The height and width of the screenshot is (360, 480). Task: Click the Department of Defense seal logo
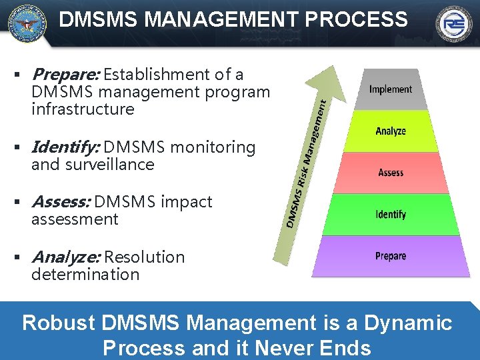27,23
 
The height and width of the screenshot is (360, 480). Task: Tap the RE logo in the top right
454,23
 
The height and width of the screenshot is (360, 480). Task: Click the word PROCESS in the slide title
357,19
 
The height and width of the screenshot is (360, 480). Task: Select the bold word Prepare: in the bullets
65,74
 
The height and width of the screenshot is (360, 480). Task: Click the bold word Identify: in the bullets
65,147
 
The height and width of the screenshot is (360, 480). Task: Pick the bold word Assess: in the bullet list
62,201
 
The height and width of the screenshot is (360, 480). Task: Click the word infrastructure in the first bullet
83,109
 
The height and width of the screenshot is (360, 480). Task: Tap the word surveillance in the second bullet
110,164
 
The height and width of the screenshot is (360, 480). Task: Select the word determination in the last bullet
85,274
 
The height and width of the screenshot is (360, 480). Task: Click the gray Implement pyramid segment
391,90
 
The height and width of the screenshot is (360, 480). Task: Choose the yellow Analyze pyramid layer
391,132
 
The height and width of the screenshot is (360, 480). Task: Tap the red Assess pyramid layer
391,173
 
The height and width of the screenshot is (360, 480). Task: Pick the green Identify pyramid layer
391,215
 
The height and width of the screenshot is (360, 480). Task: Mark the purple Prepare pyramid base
391,257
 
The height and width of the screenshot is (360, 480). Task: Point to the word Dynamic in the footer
409,323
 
